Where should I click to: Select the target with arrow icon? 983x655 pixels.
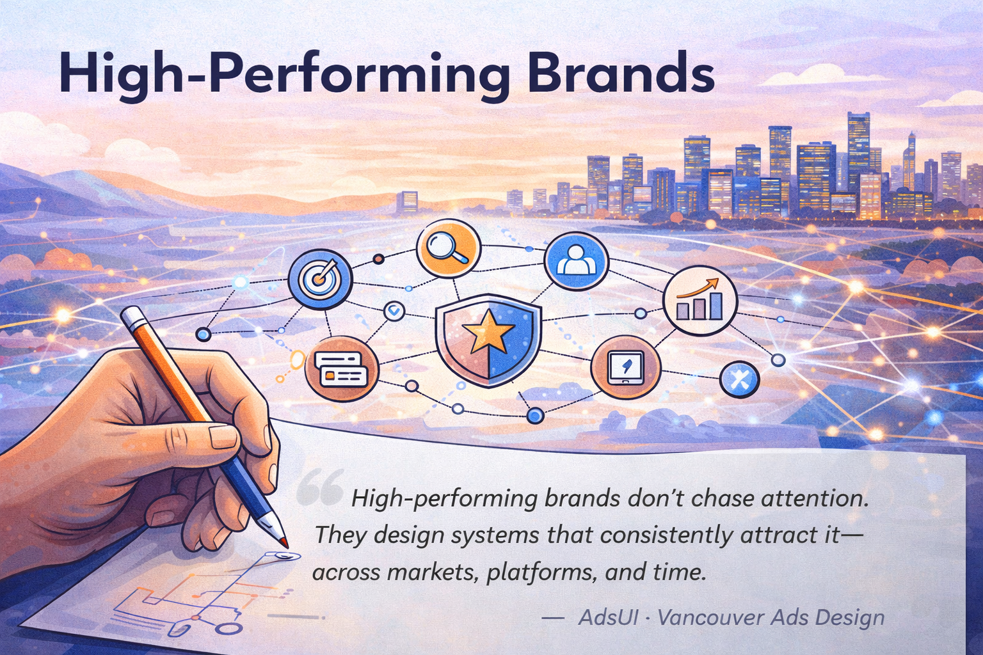click(321, 279)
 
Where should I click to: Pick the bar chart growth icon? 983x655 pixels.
click(699, 300)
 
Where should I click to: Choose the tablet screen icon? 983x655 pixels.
click(625, 368)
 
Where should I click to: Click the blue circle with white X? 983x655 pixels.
click(739, 379)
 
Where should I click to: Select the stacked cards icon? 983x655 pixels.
click(342, 368)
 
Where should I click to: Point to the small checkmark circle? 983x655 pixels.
click(394, 311)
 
